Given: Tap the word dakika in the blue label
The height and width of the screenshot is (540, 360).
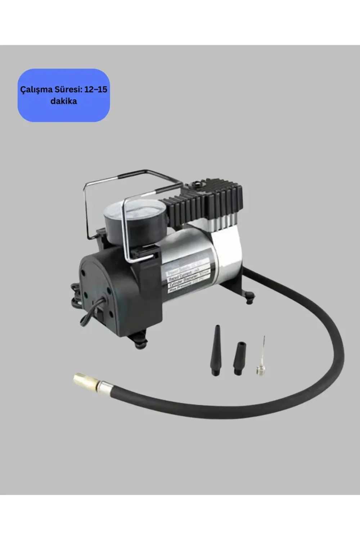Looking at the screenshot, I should tap(64, 101).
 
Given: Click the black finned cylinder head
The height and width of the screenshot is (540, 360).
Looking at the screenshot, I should tap(212, 203).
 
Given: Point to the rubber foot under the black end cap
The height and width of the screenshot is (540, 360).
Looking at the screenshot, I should tap(140, 340).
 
